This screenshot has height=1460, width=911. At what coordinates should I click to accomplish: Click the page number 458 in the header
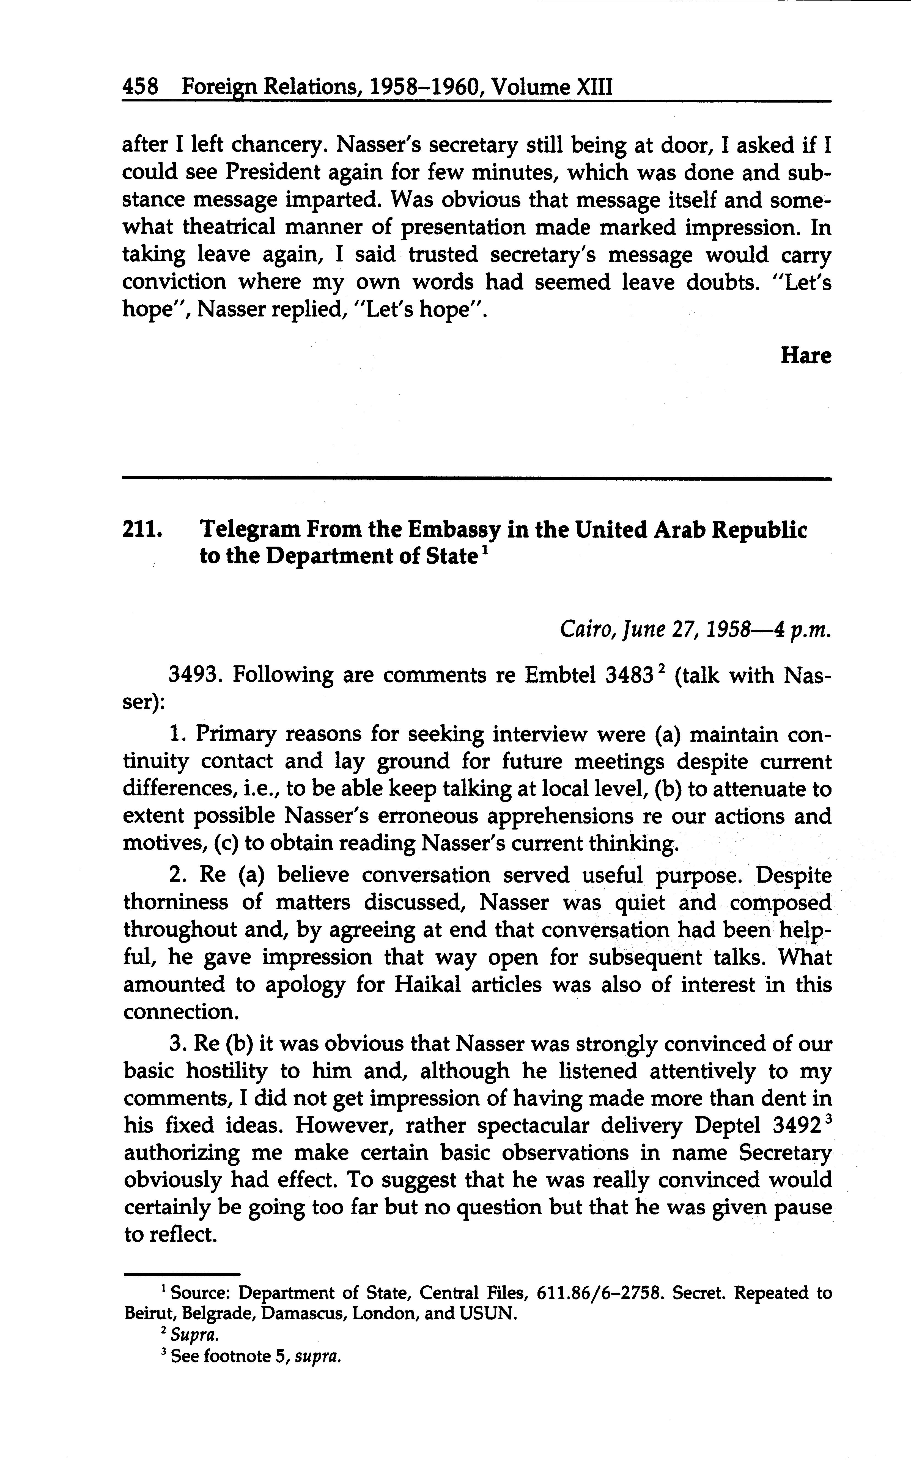pos(140,88)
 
